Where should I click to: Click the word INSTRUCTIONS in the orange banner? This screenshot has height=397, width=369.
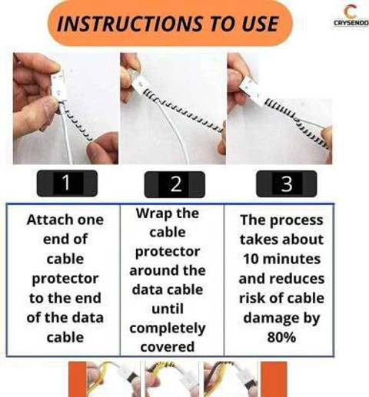130,24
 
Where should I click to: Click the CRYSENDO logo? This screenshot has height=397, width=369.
351,16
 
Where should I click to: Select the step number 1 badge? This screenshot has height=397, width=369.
67,183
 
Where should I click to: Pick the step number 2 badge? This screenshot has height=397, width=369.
175,184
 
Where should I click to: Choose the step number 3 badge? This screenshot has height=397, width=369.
287,184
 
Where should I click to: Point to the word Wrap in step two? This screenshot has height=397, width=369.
151,213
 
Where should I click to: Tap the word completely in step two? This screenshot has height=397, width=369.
168,329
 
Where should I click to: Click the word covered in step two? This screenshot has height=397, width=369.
168,347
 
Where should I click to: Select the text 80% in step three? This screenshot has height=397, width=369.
281,337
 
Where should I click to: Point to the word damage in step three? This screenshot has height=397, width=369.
271,319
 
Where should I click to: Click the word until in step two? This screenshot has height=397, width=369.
168,309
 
